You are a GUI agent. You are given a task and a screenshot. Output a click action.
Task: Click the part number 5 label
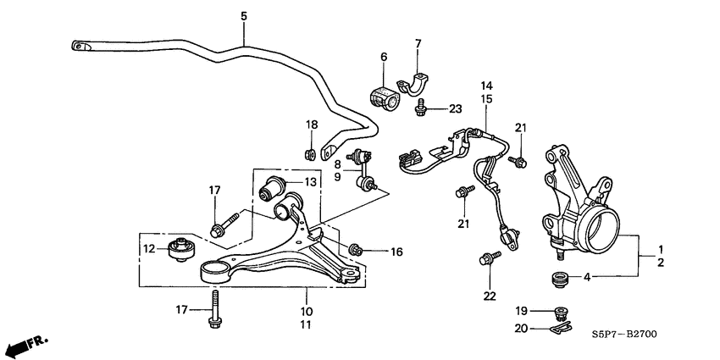click(x=243, y=16)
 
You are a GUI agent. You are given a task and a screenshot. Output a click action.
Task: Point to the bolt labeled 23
click(x=420, y=108)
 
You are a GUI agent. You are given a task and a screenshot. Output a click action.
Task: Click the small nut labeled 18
click(x=311, y=153)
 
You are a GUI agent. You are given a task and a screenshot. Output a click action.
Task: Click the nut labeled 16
click(x=356, y=250)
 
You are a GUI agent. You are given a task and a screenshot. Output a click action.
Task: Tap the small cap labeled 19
click(x=559, y=310)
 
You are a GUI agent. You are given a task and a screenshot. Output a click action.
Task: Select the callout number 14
click(x=487, y=85)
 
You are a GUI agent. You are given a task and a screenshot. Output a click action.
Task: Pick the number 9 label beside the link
click(x=336, y=177)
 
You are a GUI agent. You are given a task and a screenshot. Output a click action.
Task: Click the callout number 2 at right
click(x=661, y=263)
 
